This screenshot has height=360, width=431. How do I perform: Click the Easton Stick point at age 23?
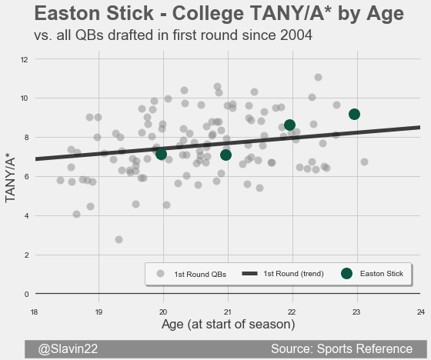pyautogui.click(x=354, y=115)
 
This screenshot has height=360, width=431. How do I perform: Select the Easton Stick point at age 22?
pyautogui.click(x=289, y=125)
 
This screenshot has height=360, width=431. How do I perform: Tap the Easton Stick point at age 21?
pyautogui.click(x=226, y=155)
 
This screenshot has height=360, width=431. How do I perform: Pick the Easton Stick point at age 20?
pyautogui.click(x=161, y=154)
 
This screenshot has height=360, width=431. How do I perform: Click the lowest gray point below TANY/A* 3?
pyautogui.click(x=119, y=240)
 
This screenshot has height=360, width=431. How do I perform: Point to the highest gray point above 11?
pyautogui.click(x=318, y=78)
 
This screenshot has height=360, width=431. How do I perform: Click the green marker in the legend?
pyautogui.click(x=346, y=273)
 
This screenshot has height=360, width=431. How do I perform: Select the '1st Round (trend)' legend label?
pyautogui.click(x=293, y=274)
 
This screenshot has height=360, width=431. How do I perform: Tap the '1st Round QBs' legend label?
pyautogui.click(x=200, y=275)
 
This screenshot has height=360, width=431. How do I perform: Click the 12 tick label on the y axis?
pyautogui.click(x=24, y=59)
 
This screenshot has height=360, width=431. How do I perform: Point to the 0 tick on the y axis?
pyautogui.click(x=26, y=295)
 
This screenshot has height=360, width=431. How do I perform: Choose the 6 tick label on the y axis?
pyautogui.click(x=26, y=177)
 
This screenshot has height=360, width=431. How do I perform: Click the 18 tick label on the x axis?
pyautogui.click(x=34, y=312)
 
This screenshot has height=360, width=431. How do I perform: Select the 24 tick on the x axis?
pyautogui.click(x=421, y=312)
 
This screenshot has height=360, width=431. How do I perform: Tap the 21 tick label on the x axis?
pyautogui.click(x=227, y=312)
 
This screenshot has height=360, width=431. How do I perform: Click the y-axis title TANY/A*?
pyautogui.click(x=10, y=180)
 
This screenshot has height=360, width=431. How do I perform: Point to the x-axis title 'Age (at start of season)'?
pyautogui.click(x=228, y=325)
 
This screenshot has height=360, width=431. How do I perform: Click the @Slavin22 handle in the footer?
pyautogui.click(x=68, y=348)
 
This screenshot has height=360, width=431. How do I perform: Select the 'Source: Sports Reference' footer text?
pyautogui.click(x=342, y=348)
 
